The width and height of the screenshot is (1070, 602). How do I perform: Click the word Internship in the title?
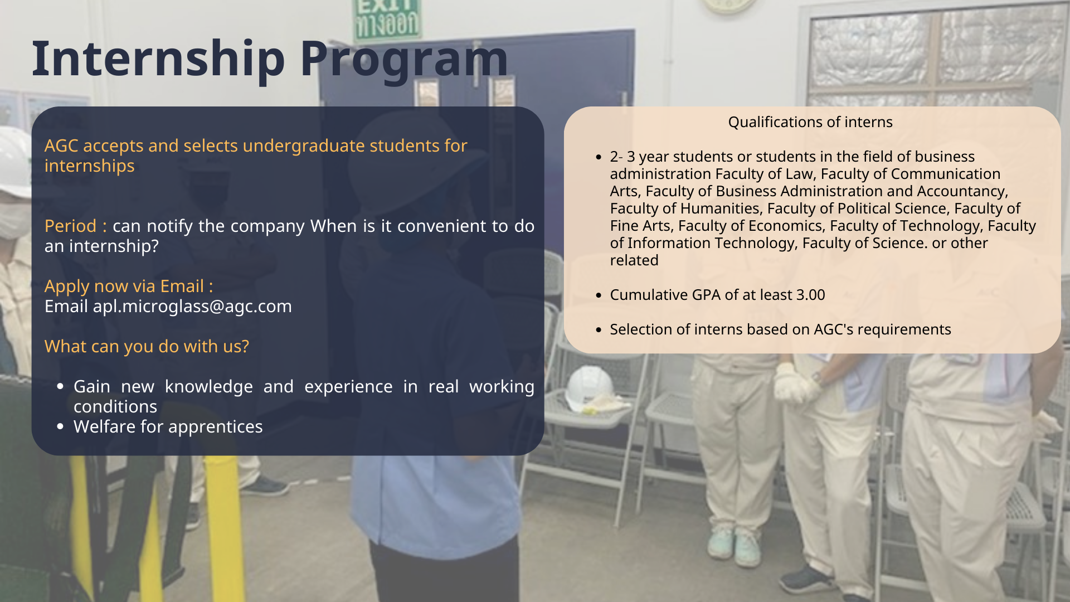(x=159, y=59)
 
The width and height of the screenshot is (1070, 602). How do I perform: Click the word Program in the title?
(x=405, y=59)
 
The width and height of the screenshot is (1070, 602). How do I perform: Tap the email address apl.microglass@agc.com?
(x=192, y=307)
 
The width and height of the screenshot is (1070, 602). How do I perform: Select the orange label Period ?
(x=75, y=226)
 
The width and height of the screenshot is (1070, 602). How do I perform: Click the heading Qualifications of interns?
(x=810, y=122)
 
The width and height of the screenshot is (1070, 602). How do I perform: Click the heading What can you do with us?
(x=147, y=346)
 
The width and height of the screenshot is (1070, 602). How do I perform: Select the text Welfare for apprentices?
(x=168, y=426)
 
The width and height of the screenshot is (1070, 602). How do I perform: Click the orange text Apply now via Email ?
(x=129, y=287)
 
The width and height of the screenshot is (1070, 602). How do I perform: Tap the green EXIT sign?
(x=388, y=21)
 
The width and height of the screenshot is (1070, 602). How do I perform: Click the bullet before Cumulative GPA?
(x=599, y=295)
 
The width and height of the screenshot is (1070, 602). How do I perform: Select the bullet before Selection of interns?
(x=599, y=330)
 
